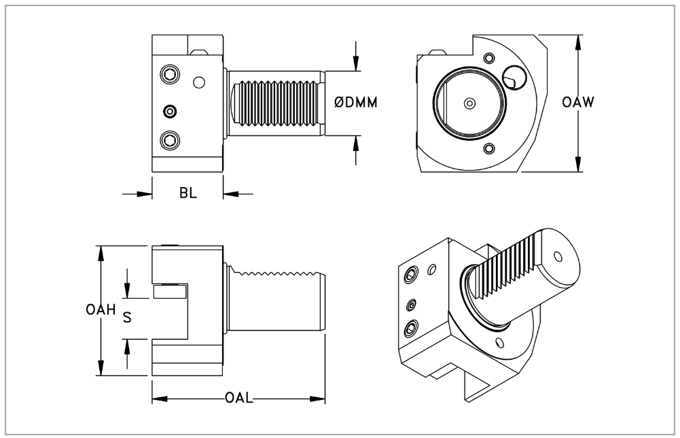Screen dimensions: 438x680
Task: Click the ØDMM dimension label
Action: click(356, 103)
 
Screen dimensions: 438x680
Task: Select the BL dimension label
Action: click(188, 193)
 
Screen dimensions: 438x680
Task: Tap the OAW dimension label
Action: click(579, 103)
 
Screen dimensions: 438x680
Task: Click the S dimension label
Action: click(127, 317)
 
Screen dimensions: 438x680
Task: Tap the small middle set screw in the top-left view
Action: click(169, 111)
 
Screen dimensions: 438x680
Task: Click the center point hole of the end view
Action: click(468, 103)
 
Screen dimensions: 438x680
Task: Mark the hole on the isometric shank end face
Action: click(558, 257)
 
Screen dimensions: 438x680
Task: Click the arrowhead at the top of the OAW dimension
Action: click(578, 40)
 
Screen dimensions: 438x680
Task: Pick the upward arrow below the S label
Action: click(127, 347)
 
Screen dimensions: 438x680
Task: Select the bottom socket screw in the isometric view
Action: click(410, 329)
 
